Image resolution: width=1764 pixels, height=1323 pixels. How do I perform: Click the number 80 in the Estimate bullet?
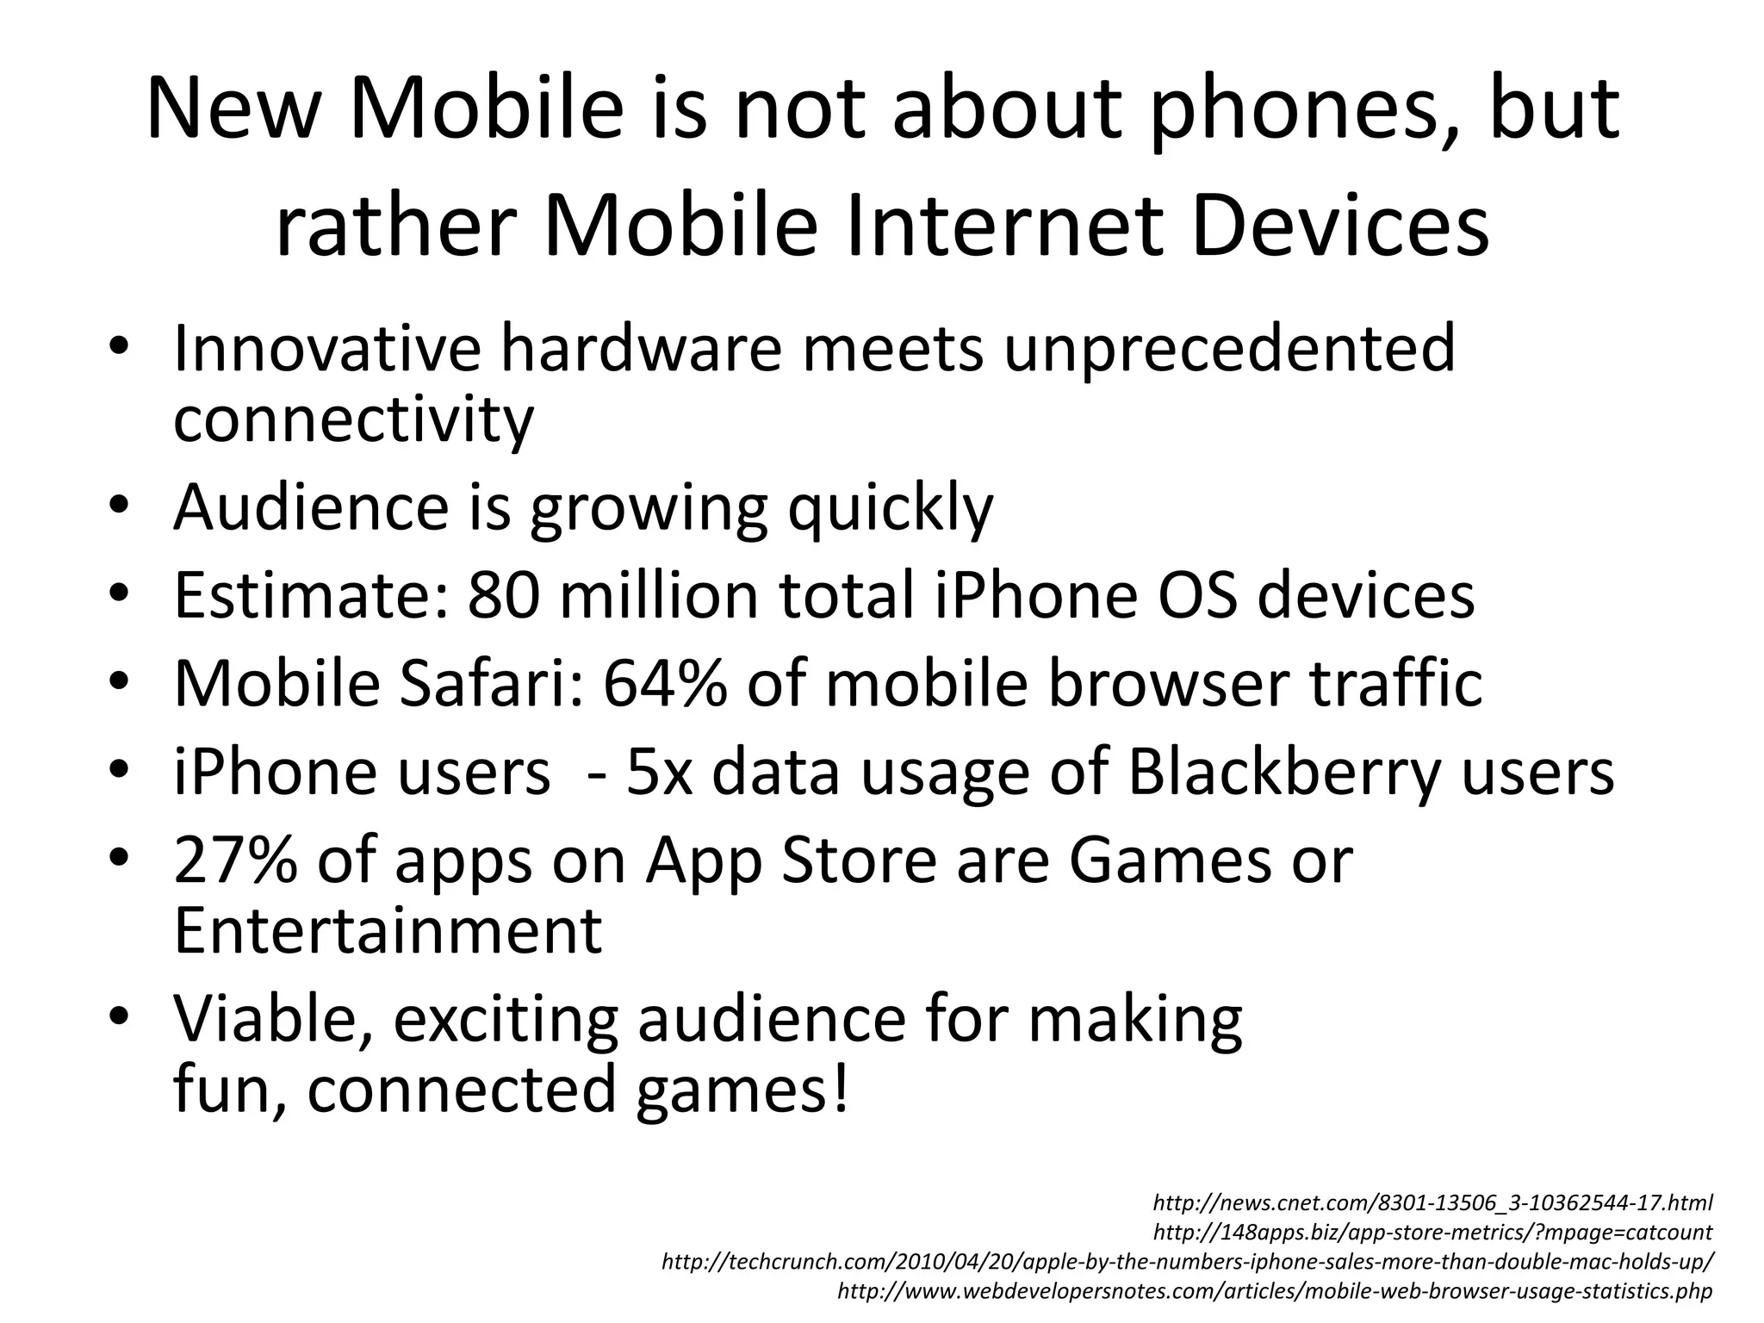504,595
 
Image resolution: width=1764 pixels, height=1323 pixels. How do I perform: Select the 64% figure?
664,683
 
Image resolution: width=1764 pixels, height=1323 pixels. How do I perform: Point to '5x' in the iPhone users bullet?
659,772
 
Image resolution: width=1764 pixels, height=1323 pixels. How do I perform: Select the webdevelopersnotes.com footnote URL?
1275,1291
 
